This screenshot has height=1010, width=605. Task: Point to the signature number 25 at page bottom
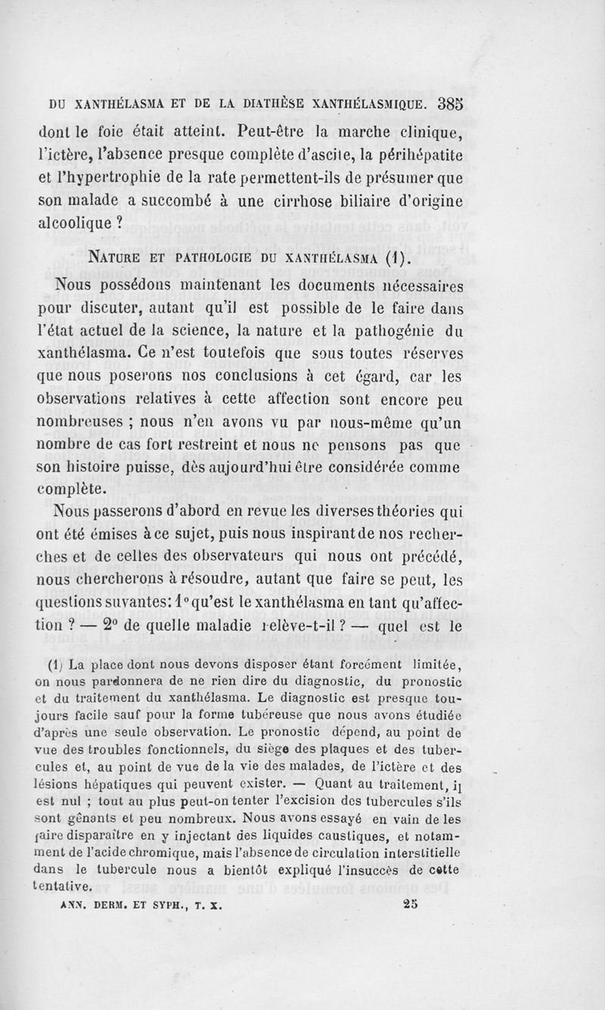click(411, 902)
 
